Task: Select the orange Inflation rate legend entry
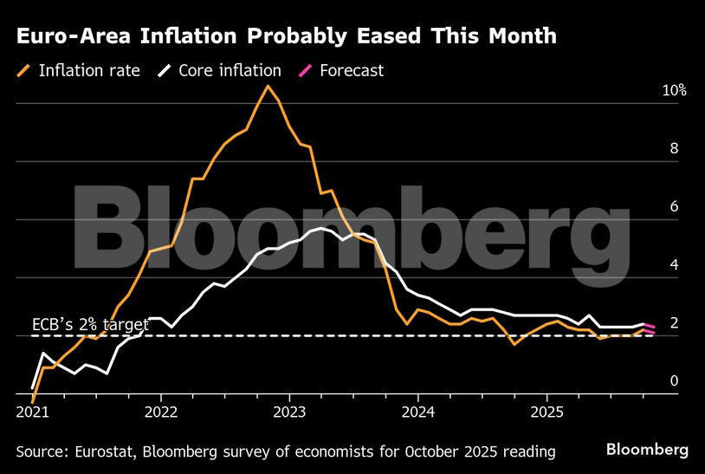point(78,70)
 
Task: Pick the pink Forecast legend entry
point(341,70)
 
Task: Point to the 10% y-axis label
point(675,90)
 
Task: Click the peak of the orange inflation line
point(268,86)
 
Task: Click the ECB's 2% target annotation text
point(90,325)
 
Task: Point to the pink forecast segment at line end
point(650,328)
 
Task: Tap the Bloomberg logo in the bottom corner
point(647,449)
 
